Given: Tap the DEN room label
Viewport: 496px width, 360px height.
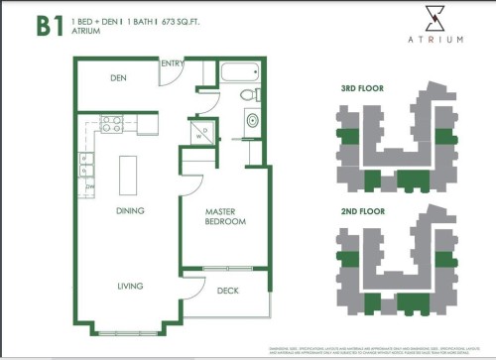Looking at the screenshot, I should coord(118,77).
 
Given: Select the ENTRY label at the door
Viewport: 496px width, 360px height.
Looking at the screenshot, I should coord(173,64).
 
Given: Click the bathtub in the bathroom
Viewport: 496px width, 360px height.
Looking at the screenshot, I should coord(238,72).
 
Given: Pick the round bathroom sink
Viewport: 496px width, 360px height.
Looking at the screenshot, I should coord(252,121).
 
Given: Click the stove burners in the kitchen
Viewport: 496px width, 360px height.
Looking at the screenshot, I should coord(112,124).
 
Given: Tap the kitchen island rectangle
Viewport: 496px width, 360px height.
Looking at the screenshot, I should coord(128,176).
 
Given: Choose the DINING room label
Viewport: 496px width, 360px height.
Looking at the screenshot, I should coord(129,210).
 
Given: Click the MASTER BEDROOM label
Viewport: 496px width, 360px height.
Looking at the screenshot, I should coord(225,216).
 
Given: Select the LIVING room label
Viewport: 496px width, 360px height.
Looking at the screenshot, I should coord(129,286).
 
